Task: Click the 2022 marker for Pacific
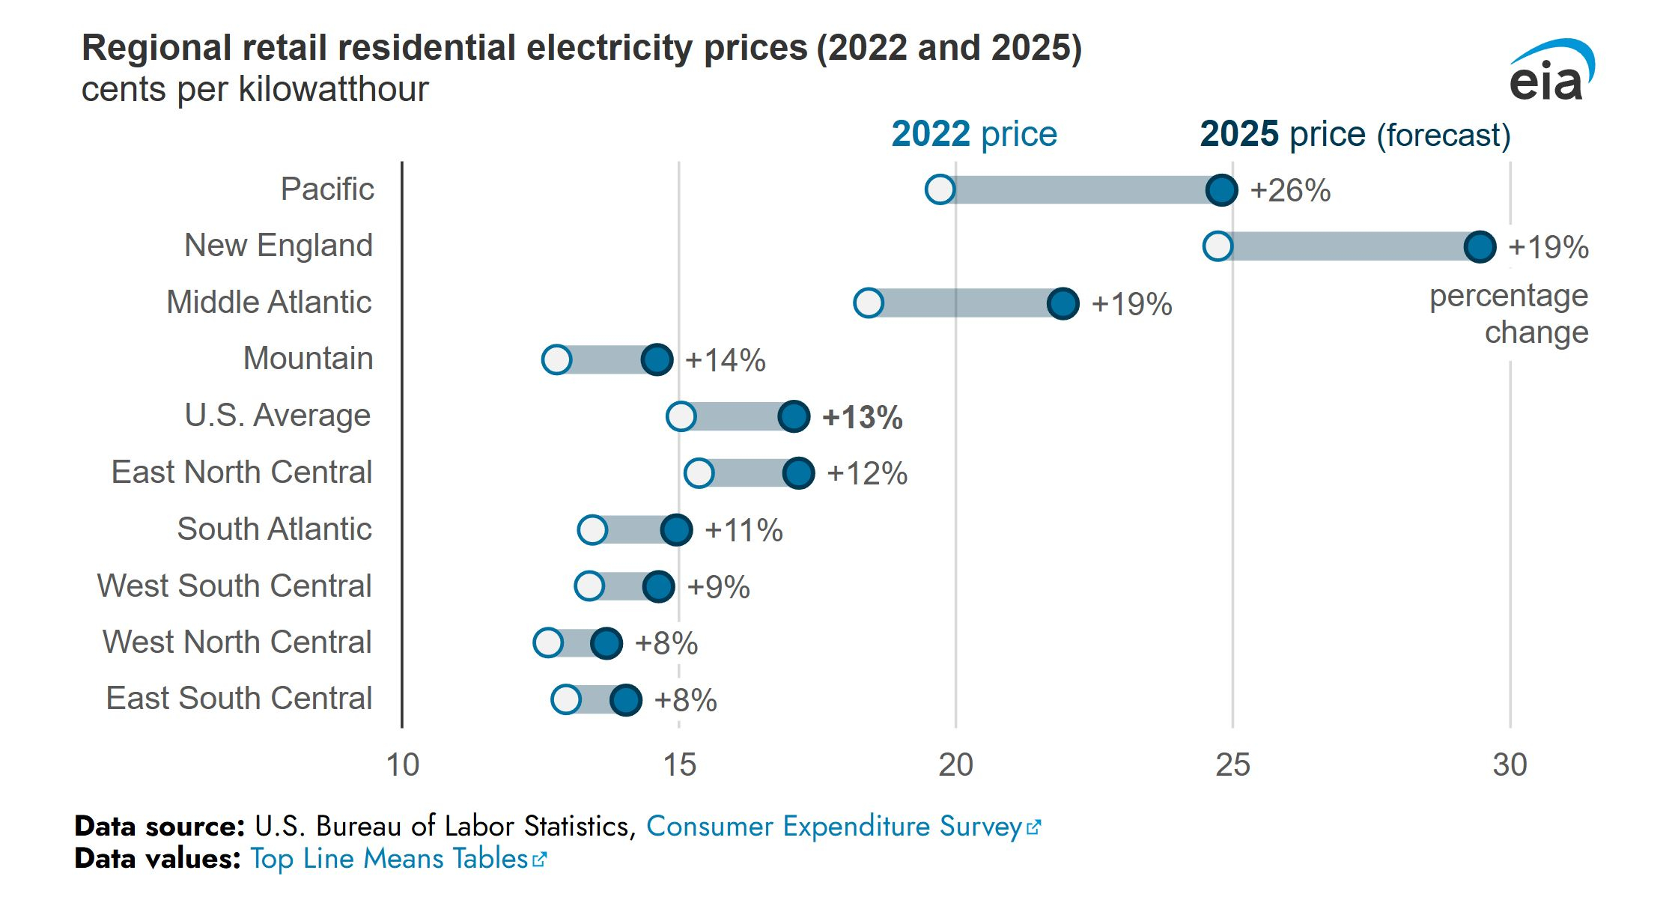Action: click(940, 189)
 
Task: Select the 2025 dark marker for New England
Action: click(1480, 246)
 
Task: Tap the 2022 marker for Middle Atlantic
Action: click(868, 302)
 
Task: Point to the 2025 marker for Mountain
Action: click(657, 359)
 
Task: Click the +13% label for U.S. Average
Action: click(862, 417)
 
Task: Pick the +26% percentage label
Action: click(1290, 190)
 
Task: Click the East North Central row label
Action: click(242, 472)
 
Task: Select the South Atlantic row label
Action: click(274, 529)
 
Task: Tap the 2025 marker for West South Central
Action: click(658, 586)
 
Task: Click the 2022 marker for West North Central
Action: click(548, 642)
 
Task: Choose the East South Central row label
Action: click(239, 698)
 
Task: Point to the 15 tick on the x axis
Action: click(679, 764)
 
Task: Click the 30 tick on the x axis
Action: click(1510, 764)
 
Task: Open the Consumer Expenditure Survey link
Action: click(843, 826)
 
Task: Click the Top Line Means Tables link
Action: click(398, 858)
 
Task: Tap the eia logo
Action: click(1550, 71)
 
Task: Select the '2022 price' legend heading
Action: click(974, 134)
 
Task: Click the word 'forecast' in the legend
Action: click(1444, 136)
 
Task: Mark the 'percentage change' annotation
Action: click(1509, 314)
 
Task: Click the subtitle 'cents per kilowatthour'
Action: click(255, 89)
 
